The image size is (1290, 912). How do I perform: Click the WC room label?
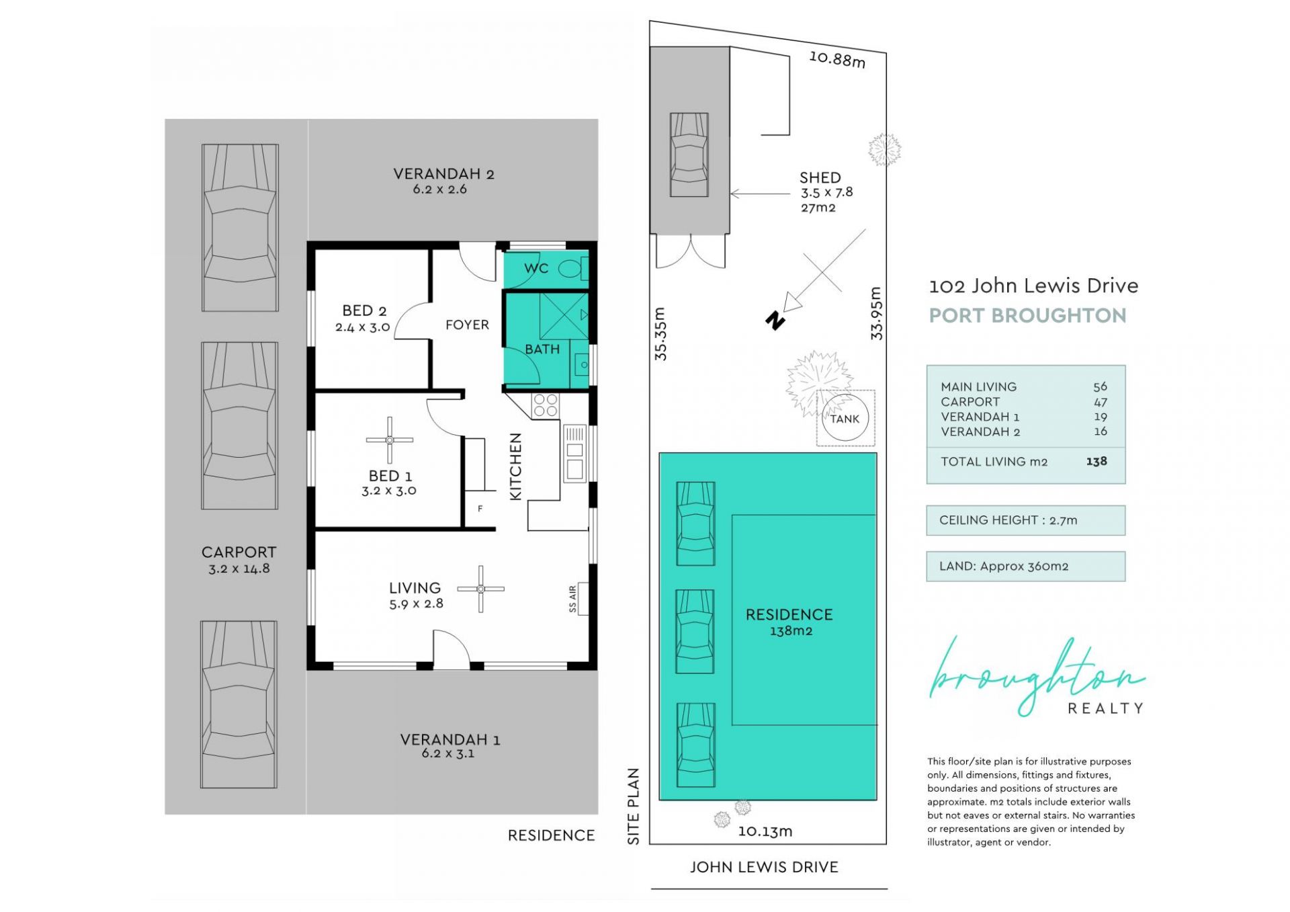click(536, 268)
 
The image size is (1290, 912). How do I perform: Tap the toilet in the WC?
click(573, 270)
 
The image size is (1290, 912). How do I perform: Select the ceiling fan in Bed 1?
click(390, 440)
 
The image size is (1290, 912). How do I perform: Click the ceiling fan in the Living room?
click(481, 589)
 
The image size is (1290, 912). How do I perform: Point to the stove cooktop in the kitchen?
click(545, 406)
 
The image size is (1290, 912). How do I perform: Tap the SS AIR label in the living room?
click(572, 599)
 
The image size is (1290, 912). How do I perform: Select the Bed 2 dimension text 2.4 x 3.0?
click(363, 327)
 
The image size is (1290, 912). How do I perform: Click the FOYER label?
click(467, 325)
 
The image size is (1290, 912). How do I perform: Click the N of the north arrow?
click(775, 321)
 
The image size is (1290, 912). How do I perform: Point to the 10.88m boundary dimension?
click(837, 58)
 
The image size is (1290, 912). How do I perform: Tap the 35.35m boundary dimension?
click(660, 334)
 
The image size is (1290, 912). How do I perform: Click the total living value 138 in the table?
click(1096, 461)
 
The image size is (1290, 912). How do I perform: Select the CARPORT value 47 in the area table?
click(1101, 402)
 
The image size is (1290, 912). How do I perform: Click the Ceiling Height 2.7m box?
click(1025, 520)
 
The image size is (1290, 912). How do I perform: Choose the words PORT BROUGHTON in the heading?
click(1027, 315)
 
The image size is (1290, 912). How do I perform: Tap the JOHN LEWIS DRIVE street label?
click(764, 867)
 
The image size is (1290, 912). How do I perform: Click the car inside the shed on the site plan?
click(689, 155)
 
